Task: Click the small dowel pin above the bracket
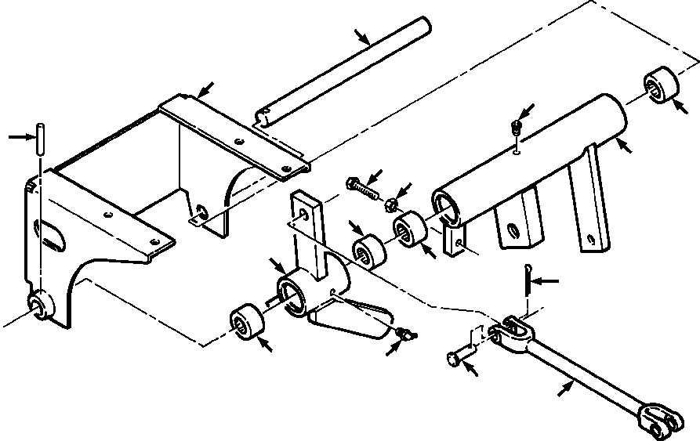(39, 139)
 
